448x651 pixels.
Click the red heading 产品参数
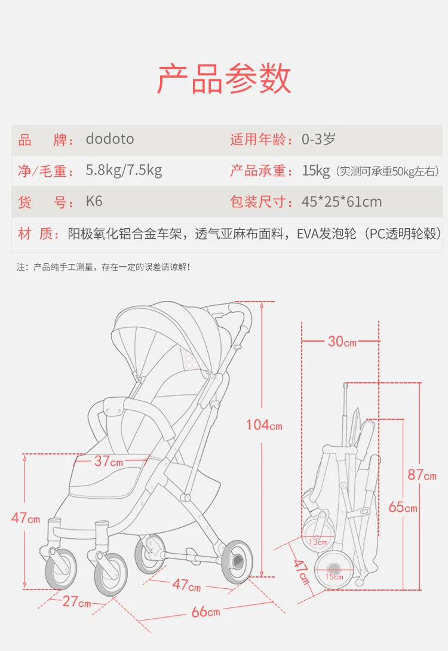pyautogui.click(x=224, y=79)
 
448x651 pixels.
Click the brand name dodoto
pyautogui.click(x=110, y=139)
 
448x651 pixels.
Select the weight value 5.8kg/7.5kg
pyautogui.click(x=124, y=170)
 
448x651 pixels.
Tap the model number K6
pyautogui.click(x=94, y=201)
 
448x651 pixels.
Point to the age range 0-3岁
pyautogui.click(x=318, y=139)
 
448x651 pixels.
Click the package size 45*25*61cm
pyautogui.click(x=342, y=202)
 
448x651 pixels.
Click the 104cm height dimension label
pyautogui.click(x=264, y=425)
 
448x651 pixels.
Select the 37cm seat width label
pyautogui.click(x=109, y=461)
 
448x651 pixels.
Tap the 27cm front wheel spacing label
pyautogui.click(x=77, y=601)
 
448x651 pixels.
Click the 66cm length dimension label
pyautogui.click(x=206, y=612)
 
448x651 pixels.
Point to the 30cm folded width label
pyautogui.click(x=342, y=341)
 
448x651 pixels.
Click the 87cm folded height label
pyautogui.click(x=422, y=475)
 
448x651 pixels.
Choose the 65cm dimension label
pyautogui.click(x=403, y=507)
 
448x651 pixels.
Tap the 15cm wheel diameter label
pyautogui.click(x=335, y=577)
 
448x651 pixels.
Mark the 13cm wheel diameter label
pyautogui.click(x=318, y=542)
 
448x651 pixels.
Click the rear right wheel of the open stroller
pyautogui.click(x=237, y=562)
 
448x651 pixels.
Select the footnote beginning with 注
pyautogui.click(x=103, y=267)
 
